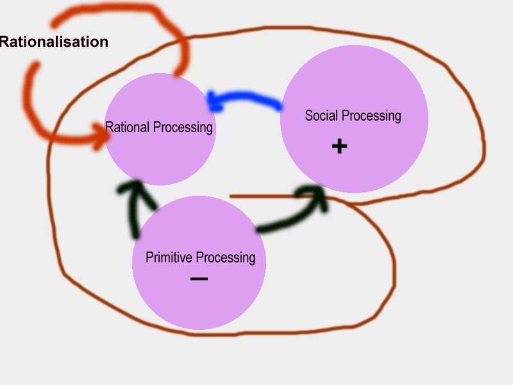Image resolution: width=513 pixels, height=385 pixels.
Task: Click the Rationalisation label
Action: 54,42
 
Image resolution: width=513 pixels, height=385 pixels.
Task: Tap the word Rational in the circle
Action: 126,127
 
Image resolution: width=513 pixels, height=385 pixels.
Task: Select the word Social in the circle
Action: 321,116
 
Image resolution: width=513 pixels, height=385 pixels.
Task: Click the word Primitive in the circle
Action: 169,257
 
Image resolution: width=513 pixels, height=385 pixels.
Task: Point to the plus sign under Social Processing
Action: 339,146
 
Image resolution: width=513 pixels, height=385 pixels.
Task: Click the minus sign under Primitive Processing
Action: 199,278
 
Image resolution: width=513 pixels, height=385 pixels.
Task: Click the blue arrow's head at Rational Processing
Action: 214,101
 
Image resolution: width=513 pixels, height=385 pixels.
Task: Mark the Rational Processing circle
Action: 160,154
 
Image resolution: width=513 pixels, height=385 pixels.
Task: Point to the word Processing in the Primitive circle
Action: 225,258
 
